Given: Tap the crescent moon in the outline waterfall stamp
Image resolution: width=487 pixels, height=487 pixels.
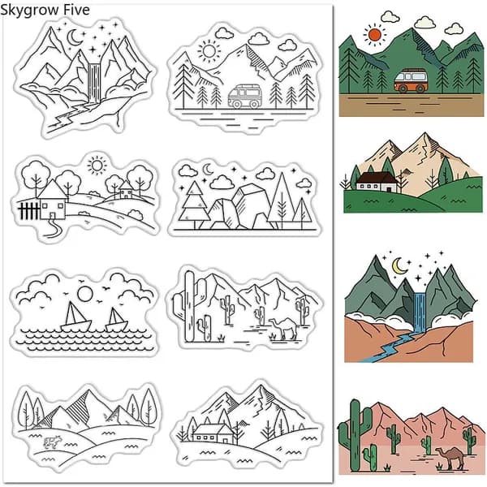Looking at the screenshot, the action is tap(74, 37).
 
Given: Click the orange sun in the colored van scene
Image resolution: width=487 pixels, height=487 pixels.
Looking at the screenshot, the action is tap(375, 34).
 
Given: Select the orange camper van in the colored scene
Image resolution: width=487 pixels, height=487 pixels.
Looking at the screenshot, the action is tap(410, 80).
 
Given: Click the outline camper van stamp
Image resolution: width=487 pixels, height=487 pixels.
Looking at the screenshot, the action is tap(244, 97).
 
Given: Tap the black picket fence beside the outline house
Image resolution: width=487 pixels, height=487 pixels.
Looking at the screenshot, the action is tap(29, 210).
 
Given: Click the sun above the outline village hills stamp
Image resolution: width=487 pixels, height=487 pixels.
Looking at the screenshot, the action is tap(97, 166).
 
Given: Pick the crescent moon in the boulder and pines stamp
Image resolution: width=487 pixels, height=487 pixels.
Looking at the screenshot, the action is tap(208, 170).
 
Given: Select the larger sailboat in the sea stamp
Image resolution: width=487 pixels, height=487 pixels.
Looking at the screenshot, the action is tap(75, 317).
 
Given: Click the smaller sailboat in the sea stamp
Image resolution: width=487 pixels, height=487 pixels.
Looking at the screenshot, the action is tap(116, 321).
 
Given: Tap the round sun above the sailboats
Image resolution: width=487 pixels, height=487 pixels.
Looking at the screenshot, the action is tap(84, 294).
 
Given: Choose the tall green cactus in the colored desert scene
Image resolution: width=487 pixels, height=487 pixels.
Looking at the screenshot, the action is tap(355, 435).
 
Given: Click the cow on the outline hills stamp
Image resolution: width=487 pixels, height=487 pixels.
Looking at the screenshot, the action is tap(52, 442).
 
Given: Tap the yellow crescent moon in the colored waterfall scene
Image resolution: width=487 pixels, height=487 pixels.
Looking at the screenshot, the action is tap(399, 266).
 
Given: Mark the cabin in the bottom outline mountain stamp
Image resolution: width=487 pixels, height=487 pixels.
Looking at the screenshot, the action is tap(213, 433).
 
